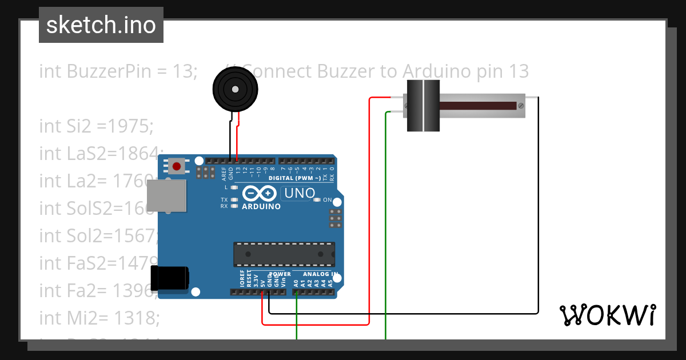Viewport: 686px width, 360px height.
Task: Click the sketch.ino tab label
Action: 101,25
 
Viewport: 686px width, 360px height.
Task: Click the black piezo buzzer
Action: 235,89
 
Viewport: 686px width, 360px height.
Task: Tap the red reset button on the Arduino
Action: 177,167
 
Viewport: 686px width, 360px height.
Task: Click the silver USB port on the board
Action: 166,195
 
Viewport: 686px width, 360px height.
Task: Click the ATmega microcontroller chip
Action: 284,254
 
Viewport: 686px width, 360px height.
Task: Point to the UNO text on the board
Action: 301,194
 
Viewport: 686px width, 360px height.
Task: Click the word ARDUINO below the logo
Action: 261,206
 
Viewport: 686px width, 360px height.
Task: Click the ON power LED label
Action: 328,200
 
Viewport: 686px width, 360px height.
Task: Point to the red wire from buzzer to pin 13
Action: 238,137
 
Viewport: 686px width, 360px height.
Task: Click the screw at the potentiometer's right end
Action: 520,106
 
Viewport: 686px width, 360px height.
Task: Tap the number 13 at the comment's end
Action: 517,71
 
